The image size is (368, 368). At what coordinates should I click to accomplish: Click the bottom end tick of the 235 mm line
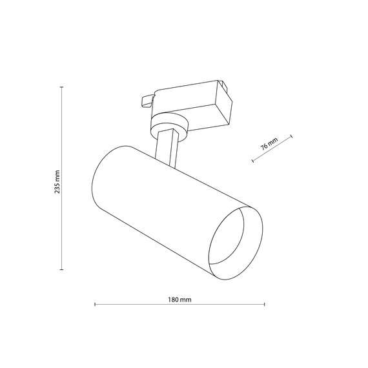point(62,269)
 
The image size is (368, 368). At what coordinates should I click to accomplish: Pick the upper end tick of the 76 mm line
point(292,136)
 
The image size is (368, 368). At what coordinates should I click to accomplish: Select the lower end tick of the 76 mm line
point(253,161)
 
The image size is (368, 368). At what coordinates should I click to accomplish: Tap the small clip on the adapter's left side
point(147,100)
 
